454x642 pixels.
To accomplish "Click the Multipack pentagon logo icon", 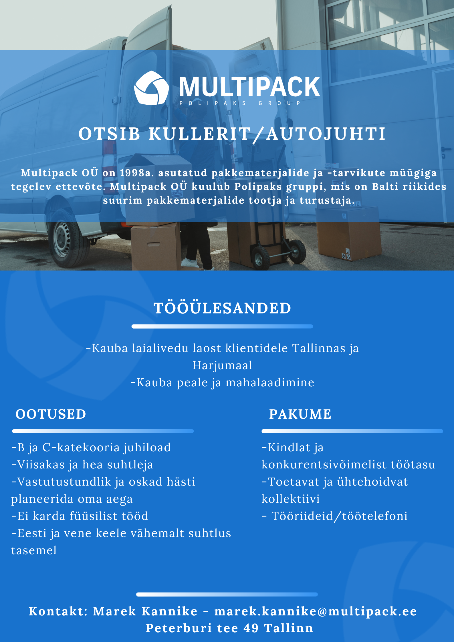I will click(151, 88).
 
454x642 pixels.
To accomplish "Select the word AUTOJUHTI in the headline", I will click(326, 134).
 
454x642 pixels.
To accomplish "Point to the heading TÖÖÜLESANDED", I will click(222, 308).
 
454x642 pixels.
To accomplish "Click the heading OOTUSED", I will click(51, 414).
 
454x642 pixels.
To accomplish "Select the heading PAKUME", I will click(300, 414).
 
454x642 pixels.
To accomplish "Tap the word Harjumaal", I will click(222, 365).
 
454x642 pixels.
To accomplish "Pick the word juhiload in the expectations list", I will click(147, 448).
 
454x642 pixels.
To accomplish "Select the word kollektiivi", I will click(291, 499).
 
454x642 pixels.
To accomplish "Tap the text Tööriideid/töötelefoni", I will click(339, 516).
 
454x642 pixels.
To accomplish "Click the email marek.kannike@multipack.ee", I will click(316, 611).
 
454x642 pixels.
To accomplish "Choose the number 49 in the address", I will click(251, 628).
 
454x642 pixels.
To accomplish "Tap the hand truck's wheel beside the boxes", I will click(297, 251).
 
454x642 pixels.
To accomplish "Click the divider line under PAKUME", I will click(352, 431).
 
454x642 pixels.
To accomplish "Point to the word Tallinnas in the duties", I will click(319, 348).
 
